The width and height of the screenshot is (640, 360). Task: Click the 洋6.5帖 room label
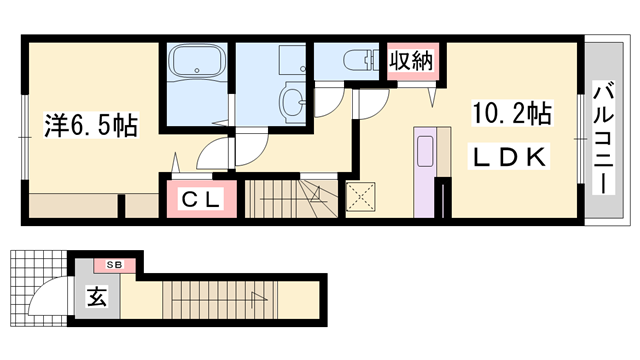tap(90, 125)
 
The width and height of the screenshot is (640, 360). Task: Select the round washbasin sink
tap(293, 100)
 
